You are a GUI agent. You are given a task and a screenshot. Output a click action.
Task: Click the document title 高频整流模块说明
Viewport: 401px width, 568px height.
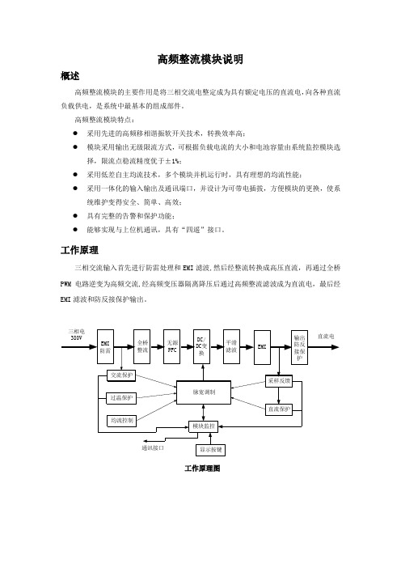tap(200, 59)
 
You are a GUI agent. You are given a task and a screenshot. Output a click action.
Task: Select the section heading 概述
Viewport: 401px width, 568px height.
tap(70, 76)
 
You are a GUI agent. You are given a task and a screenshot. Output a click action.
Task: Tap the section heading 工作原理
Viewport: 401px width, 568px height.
tap(79, 250)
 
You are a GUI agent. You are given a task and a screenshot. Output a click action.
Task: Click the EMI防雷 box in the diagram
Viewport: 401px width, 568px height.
tap(105, 346)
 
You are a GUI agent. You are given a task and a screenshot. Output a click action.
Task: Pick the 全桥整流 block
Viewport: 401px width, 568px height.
tap(141, 346)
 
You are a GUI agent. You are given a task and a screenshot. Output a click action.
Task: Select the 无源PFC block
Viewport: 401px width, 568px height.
tap(172, 346)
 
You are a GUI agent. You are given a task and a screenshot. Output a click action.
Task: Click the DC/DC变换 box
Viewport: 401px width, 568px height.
tap(201, 346)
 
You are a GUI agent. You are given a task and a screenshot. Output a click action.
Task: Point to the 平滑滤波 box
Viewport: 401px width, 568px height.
tap(231, 346)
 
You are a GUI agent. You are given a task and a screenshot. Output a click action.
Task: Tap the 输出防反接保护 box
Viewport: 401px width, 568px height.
tap(300, 347)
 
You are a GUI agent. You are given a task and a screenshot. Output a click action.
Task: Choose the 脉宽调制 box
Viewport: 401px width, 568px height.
tap(204, 392)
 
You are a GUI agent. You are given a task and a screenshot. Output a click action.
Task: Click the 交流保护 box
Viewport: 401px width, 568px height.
tap(121, 375)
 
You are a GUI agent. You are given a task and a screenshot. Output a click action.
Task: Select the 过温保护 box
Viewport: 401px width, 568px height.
tap(121, 398)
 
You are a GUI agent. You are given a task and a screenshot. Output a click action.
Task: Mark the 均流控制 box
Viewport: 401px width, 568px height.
tap(121, 421)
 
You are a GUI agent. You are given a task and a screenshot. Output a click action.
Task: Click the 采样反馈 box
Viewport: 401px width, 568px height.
tap(279, 381)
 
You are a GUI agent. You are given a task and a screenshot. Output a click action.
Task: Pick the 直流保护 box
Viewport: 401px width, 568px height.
tap(279, 409)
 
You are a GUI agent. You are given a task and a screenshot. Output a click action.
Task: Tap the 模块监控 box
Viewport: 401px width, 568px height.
tap(204, 426)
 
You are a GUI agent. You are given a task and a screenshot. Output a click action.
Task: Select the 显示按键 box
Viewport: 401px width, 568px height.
tap(211, 450)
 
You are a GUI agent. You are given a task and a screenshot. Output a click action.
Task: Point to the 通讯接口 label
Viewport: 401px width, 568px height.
tap(153, 448)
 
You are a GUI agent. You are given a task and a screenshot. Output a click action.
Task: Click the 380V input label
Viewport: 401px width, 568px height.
tap(76, 338)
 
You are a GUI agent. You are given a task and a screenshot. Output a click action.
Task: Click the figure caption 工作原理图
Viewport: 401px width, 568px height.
tap(202, 468)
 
